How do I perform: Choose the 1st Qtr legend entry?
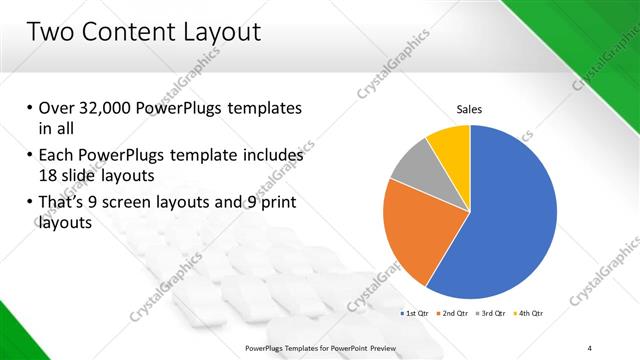coord(417,314)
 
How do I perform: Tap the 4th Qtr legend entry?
coord(528,314)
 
